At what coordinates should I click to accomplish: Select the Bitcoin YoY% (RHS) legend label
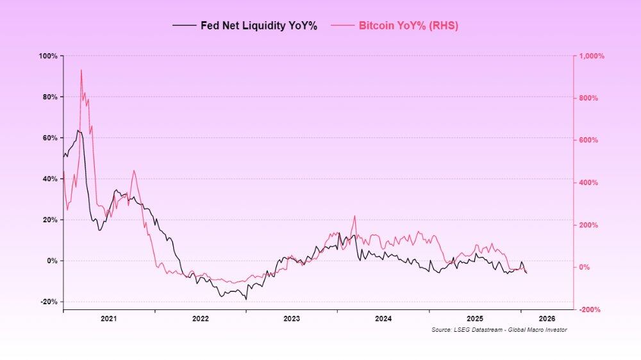coord(408,26)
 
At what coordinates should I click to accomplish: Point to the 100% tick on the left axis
coord(49,56)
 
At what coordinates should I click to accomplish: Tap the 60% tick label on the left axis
coord(50,138)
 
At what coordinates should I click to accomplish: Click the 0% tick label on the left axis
coord(52,261)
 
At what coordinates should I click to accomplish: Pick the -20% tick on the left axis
coord(49,302)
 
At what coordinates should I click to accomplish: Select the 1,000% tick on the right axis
coord(592,56)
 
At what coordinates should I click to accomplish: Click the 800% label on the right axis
coord(589,98)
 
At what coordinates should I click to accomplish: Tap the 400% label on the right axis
coord(589,183)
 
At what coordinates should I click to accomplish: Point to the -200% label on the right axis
coord(590,309)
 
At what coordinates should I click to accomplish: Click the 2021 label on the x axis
coord(108,318)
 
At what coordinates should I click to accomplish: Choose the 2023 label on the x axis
coord(292,318)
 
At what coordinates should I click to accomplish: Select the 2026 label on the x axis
coord(547,318)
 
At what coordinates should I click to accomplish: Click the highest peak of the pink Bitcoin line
coord(81,70)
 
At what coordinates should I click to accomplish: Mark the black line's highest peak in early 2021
coord(78,131)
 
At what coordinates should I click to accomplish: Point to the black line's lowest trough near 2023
coord(246,299)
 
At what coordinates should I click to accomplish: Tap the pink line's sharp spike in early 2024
coord(354,217)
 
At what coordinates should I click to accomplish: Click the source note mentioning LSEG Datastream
coord(499,329)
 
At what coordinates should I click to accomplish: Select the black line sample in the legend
coord(184,26)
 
